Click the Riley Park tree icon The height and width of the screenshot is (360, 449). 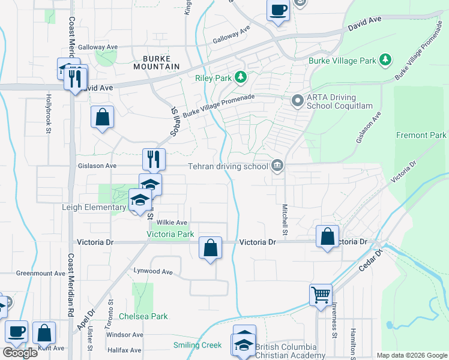click(x=241, y=77)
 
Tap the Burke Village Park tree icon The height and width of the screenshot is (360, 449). click(x=385, y=60)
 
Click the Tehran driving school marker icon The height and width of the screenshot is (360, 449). click(x=277, y=165)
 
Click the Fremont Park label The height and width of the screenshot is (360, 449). click(x=421, y=136)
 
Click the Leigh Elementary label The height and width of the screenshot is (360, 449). click(x=94, y=208)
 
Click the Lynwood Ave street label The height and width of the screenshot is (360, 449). click(x=153, y=272)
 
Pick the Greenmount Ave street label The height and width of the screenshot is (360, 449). click(x=41, y=273)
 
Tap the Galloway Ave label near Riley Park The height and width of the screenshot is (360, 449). click(x=231, y=35)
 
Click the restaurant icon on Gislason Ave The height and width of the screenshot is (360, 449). click(x=154, y=159)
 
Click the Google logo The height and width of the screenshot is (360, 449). click(x=20, y=353)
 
